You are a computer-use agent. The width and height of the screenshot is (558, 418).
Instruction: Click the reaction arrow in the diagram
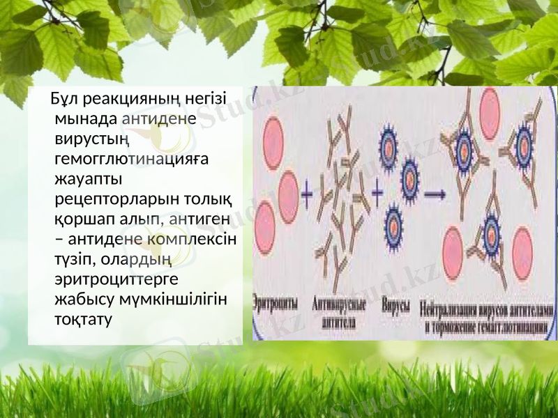point(435,194)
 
